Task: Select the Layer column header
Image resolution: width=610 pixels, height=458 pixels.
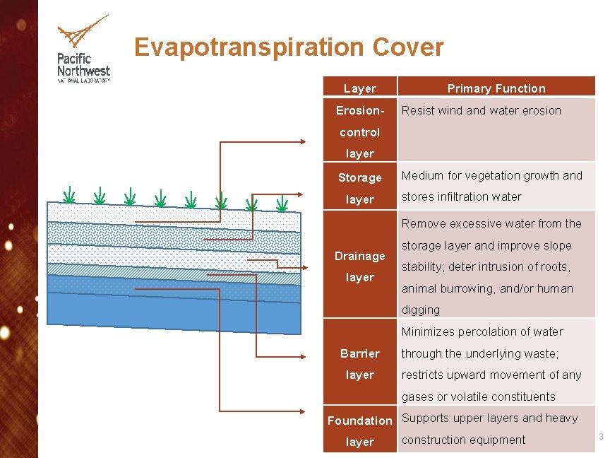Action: [360, 88]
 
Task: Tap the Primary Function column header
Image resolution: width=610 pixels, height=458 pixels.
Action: [496, 88]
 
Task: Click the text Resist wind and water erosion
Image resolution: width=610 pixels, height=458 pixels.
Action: [481, 110]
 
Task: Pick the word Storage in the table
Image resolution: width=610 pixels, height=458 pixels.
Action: [360, 177]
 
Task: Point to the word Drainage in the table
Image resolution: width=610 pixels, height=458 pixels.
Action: [360, 256]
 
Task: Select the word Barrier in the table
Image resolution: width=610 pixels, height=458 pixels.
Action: [360, 353]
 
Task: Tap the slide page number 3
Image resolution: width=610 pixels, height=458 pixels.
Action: [601, 437]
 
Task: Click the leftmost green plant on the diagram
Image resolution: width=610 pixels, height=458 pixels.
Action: [69, 194]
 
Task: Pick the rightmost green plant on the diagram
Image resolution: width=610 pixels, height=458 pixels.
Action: [282, 204]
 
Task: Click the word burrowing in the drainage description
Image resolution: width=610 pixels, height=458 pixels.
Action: [467, 288]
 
